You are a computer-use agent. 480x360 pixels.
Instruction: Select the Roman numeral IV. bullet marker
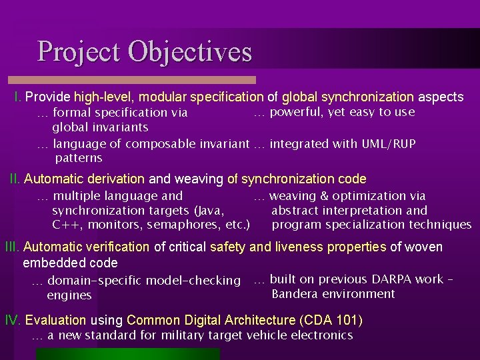13,320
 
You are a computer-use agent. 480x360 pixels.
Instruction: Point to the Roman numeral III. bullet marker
12,247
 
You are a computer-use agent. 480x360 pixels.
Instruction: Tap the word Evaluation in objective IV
55,320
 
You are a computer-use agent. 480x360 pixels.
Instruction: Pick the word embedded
51,263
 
